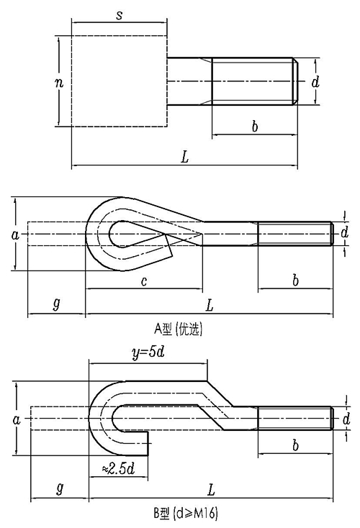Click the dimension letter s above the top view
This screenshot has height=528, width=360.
pyautogui.click(x=119, y=15)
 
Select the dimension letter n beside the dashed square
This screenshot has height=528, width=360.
pyautogui.click(x=59, y=82)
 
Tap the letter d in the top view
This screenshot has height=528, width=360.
pyautogui.click(x=315, y=81)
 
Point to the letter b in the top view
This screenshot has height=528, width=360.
pyautogui.click(x=255, y=127)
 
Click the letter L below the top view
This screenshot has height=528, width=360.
pyautogui.click(x=184, y=157)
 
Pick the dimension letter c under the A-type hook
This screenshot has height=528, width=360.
pyautogui.click(x=144, y=281)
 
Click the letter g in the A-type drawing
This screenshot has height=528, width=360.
pyautogui.click(x=57, y=304)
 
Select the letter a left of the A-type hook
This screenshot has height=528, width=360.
pyautogui.click(x=16, y=235)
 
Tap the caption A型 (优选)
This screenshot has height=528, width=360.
pyautogui.click(x=179, y=329)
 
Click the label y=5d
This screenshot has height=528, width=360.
pyautogui.click(x=148, y=352)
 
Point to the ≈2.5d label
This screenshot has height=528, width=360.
pyautogui.click(x=118, y=468)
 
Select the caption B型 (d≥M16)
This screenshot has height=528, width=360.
pyautogui.click(x=186, y=513)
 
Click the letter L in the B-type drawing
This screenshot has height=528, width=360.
pyautogui.click(x=211, y=490)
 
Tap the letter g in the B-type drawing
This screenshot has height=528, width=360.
pyautogui.click(x=60, y=488)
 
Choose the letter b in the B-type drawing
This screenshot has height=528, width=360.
pyautogui.click(x=295, y=445)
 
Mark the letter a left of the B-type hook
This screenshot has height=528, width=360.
pyautogui.click(x=16, y=419)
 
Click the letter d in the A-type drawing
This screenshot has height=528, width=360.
pyautogui.click(x=344, y=232)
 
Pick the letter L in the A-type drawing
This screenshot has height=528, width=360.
pyautogui.click(x=210, y=306)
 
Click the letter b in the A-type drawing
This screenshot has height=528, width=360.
pyautogui.click(x=295, y=280)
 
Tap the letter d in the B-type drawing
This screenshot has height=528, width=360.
pyautogui.click(x=346, y=419)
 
